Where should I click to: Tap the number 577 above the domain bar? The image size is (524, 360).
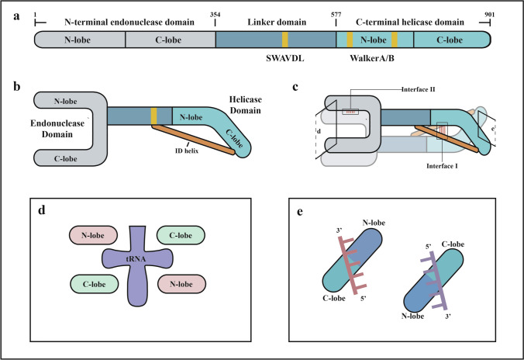(x=336, y=16)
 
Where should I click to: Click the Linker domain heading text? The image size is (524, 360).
(x=276, y=22)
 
